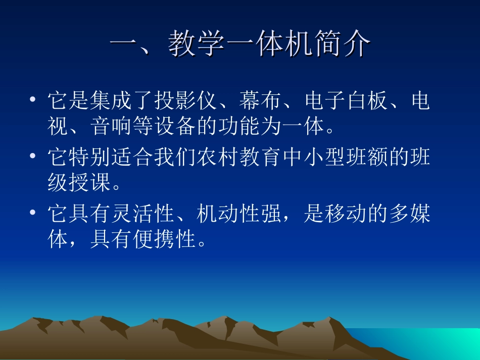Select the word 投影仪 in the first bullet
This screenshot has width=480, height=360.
click(185, 101)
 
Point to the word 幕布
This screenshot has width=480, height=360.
click(260, 101)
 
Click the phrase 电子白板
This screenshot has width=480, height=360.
click(345, 101)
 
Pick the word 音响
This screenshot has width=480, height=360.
click(111, 126)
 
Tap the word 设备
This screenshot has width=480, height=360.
click(175, 126)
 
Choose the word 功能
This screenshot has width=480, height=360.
click(239, 126)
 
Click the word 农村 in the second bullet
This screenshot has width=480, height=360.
click(218, 158)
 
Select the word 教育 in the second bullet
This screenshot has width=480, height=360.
click(260, 158)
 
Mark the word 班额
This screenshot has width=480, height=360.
click(366, 158)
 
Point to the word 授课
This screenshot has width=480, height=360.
click(90, 183)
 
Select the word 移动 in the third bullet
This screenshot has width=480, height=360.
click(345, 215)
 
